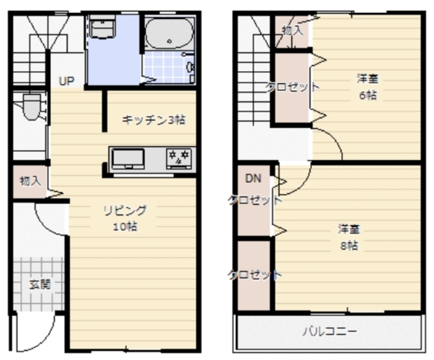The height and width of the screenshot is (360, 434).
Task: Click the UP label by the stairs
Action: [x=66, y=81]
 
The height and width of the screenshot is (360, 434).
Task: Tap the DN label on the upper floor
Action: [x=253, y=178]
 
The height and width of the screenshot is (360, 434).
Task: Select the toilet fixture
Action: [x=32, y=107]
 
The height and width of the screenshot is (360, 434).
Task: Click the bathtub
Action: [x=169, y=33]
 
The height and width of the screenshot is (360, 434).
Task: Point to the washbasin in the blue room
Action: [x=102, y=27]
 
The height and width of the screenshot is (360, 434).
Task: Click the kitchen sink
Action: [x=128, y=159]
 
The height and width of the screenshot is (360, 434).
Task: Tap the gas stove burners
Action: [x=179, y=159]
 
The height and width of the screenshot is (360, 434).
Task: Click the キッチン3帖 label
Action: [x=154, y=120]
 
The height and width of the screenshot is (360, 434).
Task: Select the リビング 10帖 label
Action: [x=125, y=218]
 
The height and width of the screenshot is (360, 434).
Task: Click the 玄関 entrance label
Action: [x=40, y=284]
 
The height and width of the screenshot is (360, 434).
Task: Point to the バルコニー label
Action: [x=330, y=332]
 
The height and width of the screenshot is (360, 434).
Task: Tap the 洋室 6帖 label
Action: [x=368, y=87]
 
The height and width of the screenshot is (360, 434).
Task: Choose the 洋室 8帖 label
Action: [x=349, y=237]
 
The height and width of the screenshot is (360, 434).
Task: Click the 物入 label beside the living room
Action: [x=31, y=181]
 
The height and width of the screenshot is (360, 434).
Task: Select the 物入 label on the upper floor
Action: [x=292, y=31]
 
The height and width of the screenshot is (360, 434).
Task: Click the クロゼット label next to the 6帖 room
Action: [x=292, y=87]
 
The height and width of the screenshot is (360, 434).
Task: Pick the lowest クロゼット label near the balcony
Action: [x=255, y=275]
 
